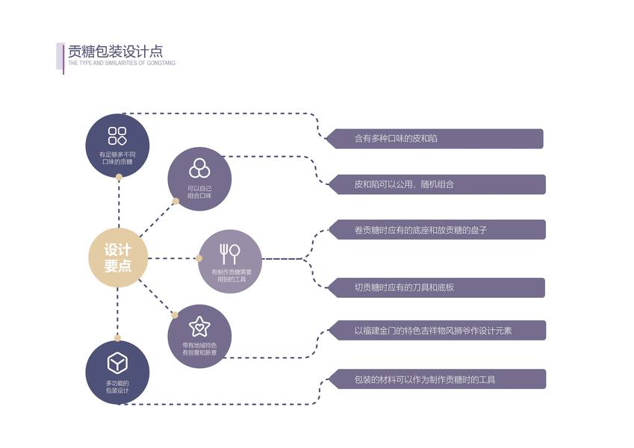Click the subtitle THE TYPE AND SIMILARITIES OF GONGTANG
[x=122, y=63]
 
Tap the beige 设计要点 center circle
[x=117, y=258]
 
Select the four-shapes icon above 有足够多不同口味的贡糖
[x=117, y=135]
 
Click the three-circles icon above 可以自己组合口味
[x=199, y=167]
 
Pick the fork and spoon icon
[x=229, y=253]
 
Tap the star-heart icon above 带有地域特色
[x=199, y=326]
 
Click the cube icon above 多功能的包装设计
[x=117, y=363]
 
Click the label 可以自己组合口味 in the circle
[x=199, y=192]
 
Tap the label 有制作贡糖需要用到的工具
[x=230, y=276]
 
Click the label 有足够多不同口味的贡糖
[x=117, y=158]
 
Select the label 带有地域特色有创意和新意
[x=199, y=349]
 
